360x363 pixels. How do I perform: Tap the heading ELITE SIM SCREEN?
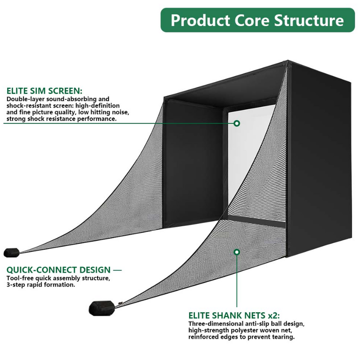44,90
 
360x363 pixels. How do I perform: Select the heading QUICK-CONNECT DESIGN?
58,270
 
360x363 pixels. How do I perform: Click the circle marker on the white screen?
237,123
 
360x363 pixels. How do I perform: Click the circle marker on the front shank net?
237,252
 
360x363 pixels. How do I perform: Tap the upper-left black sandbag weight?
11,252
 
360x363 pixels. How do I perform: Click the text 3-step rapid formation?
40,285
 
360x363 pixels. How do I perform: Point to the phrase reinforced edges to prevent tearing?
242,336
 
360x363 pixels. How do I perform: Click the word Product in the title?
198,21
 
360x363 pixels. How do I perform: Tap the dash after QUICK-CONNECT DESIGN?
117,270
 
